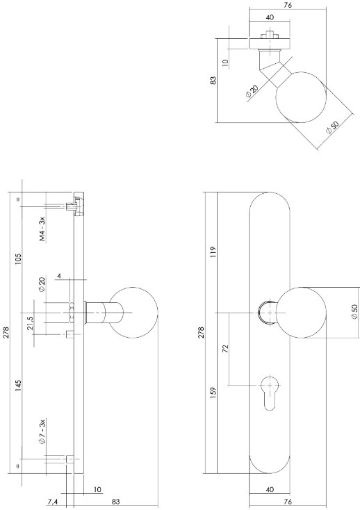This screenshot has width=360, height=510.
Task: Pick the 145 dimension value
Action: [19, 386]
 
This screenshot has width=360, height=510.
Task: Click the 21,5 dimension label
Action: [31, 324]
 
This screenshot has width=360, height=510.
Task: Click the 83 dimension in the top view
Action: [213, 81]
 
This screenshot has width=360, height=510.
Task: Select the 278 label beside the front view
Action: [202, 332]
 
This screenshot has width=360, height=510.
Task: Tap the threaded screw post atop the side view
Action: [72, 205]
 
